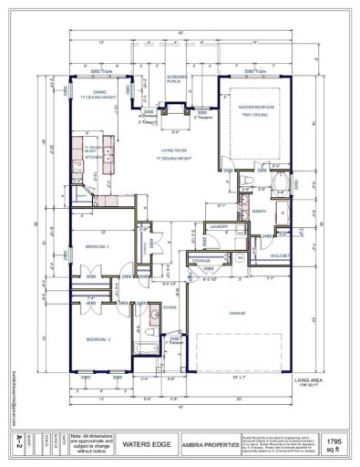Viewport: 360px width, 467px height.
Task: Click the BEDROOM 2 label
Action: [x=98, y=246]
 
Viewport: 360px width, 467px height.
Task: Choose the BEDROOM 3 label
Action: [x=98, y=339]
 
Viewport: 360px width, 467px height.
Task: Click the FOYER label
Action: [x=170, y=307]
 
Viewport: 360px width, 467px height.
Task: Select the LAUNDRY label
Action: [x=219, y=226]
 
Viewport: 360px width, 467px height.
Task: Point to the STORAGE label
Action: [x=201, y=261]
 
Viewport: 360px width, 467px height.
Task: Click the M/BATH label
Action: [x=259, y=211]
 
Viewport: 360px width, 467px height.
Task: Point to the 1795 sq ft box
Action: [x=335, y=444]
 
